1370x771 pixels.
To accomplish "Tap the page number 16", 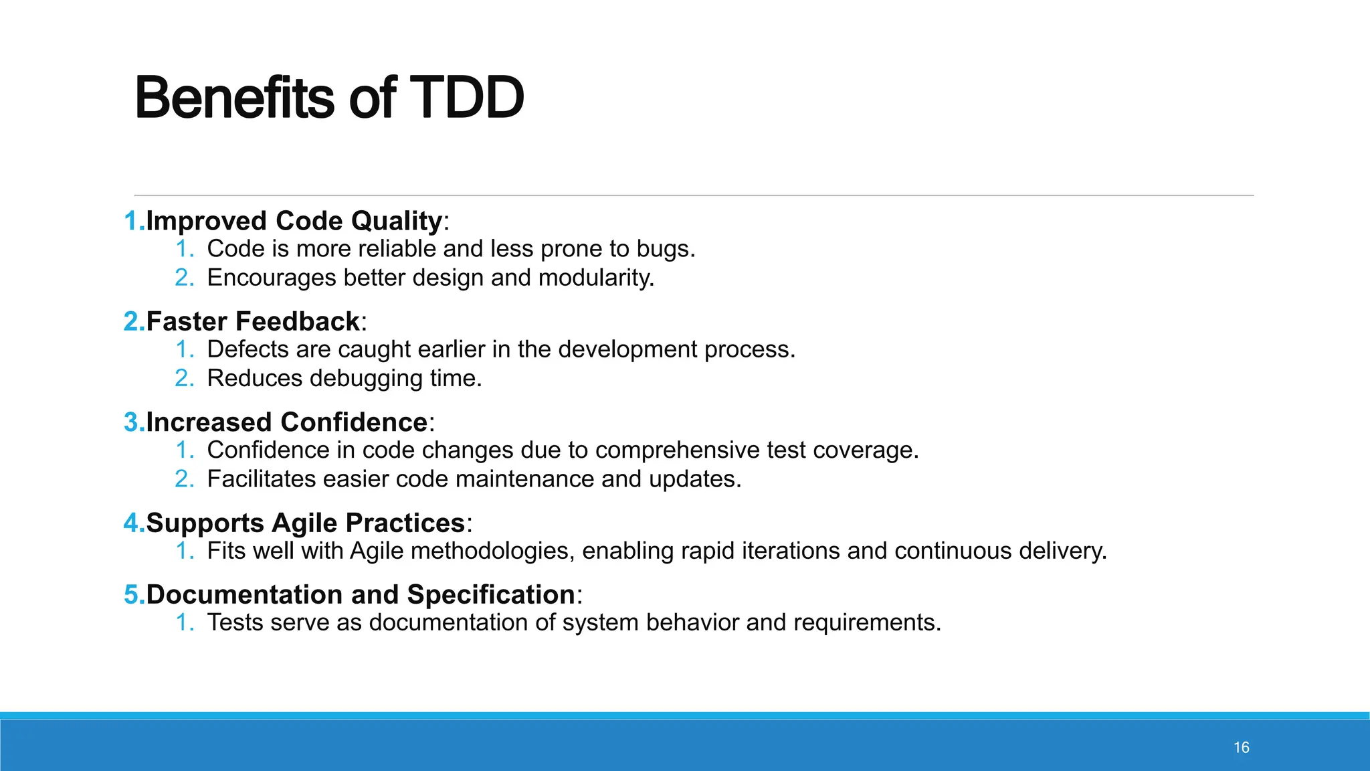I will [x=1241, y=748].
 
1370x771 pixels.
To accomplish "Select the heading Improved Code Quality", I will [x=294, y=221].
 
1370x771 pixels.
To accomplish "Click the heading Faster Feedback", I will [x=253, y=322].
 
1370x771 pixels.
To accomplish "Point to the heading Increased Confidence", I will [x=286, y=422].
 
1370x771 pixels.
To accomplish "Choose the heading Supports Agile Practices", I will [x=305, y=523].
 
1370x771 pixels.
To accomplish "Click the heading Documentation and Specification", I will [x=360, y=594].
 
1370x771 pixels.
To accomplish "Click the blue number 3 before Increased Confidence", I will [x=132, y=422].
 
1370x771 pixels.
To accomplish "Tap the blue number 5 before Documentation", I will [x=132, y=594].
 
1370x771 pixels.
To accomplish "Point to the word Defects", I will [x=248, y=349].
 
